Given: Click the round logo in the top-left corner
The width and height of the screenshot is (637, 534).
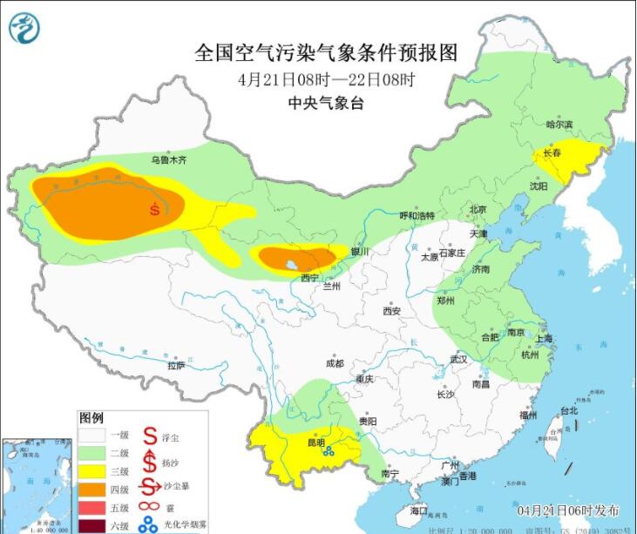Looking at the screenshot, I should [24, 28].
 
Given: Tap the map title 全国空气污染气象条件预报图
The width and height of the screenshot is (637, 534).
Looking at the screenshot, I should [326, 52].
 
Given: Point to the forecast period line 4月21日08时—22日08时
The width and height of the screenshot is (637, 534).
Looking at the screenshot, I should [326, 80].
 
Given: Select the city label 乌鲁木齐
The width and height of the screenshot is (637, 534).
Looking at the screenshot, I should [168, 160].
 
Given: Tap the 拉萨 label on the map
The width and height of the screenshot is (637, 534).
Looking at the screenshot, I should [177, 366].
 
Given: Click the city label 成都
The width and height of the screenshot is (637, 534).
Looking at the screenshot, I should [334, 363].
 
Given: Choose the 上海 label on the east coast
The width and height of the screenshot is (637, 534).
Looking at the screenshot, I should [546, 339].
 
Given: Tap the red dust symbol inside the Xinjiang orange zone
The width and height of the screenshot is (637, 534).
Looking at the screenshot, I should [154, 209].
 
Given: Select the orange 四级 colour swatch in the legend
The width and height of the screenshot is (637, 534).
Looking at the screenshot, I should [94, 490].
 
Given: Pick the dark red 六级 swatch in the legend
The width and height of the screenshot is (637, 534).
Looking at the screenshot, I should [94, 525].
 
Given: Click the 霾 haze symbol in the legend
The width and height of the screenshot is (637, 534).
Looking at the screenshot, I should [149, 508].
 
